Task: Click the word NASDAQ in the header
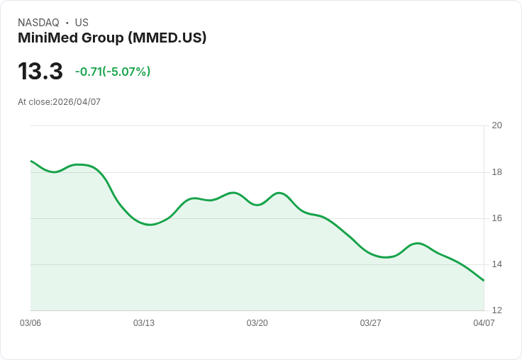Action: click(38, 23)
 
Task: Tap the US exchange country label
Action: click(82, 23)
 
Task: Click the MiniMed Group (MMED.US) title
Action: click(112, 38)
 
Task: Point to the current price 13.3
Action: click(40, 72)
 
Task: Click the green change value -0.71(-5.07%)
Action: click(113, 72)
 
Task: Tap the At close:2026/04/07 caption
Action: click(59, 102)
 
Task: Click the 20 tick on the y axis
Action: click(496, 125)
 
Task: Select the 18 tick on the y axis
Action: click(496, 172)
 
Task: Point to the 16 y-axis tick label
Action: click(496, 218)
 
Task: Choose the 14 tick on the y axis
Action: click(496, 264)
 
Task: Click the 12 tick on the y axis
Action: click(496, 310)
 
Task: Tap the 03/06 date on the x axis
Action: click(30, 323)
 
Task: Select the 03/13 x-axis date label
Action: click(144, 323)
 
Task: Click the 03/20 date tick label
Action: click(257, 323)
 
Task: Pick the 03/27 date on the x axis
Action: click(371, 323)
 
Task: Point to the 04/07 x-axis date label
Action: click(484, 323)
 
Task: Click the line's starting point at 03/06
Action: click(31, 162)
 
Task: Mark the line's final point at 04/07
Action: click(484, 281)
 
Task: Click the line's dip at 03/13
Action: click(150, 225)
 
